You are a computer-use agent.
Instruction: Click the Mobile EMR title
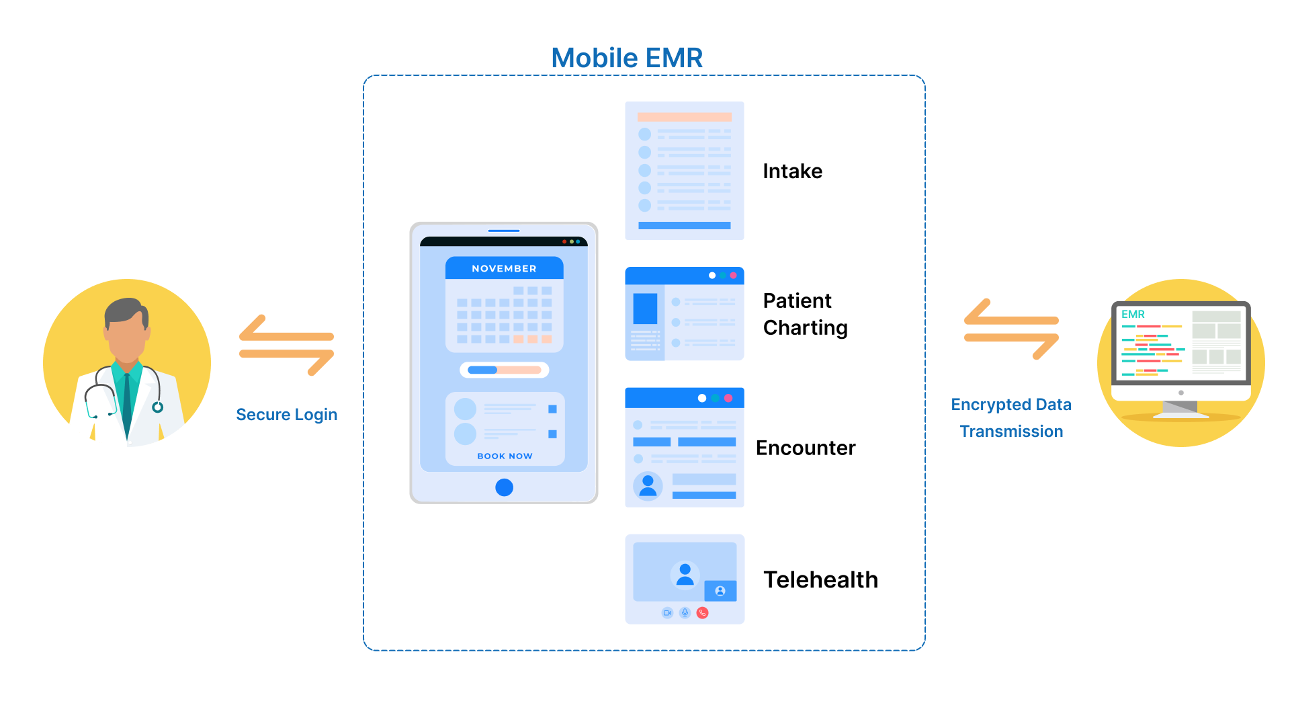tap(626, 58)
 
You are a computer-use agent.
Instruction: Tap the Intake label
tap(792, 171)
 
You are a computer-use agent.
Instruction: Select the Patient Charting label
tap(805, 314)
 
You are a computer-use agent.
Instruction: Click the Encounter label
tap(805, 448)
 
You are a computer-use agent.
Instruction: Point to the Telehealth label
tap(820, 579)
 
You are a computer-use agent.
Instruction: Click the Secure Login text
tap(286, 415)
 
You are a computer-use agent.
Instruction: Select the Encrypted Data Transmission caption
tap(1010, 417)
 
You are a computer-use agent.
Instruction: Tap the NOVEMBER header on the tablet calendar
tap(504, 268)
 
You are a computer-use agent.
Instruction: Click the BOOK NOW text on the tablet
tap(505, 456)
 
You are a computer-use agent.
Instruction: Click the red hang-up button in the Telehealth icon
tap(702, 612)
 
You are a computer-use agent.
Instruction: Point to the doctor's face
tap(126, 336)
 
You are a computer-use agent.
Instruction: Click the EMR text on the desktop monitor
tap(1133, 315)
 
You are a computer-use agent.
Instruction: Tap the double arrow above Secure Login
tap(286, 345)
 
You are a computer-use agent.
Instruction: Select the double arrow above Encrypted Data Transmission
tap(1010, 329)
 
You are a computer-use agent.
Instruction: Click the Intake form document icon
tap(684, 171)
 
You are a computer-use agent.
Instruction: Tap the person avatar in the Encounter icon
tap(648, 485)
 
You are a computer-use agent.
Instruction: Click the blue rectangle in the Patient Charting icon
tap(645, 309)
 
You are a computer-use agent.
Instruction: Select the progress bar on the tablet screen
tap(504, 370)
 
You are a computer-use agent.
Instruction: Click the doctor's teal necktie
tap(126, 403)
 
